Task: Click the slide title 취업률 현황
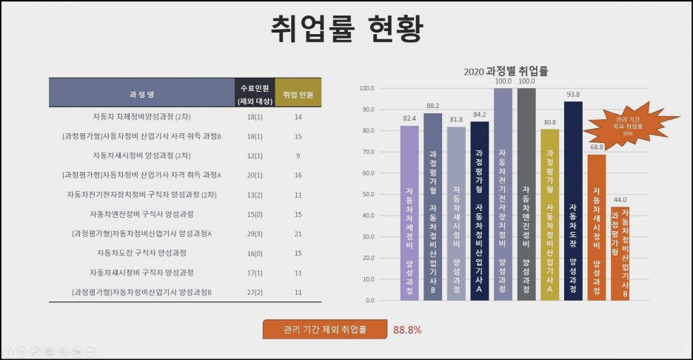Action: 346,29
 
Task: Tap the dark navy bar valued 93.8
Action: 573,200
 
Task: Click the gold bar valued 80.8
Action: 550,214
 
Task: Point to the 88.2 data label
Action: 433,106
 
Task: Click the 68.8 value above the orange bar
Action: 597,148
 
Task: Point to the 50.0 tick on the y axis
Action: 366,194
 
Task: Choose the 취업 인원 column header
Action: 298,95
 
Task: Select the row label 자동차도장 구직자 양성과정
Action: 141,253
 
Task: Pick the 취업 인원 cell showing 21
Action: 298,233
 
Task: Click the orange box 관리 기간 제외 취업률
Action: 324,330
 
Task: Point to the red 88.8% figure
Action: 407,330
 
